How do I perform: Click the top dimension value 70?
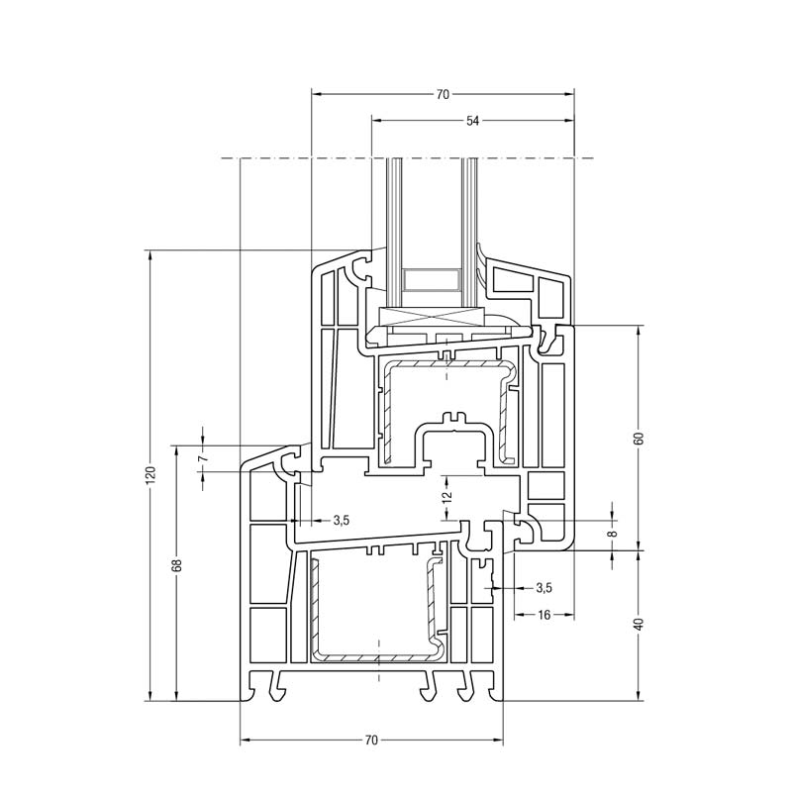[x=443, y=95]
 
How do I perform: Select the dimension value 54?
[x=472, y=121]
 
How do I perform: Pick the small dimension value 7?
[x=203, y=458]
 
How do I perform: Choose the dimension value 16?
[x=544, y=615]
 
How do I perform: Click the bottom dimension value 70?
[x=372, y=741]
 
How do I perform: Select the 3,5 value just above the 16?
[x=543, y=587]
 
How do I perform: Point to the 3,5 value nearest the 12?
[x=341, y=520]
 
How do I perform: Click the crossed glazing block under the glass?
[x=432, y=317]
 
